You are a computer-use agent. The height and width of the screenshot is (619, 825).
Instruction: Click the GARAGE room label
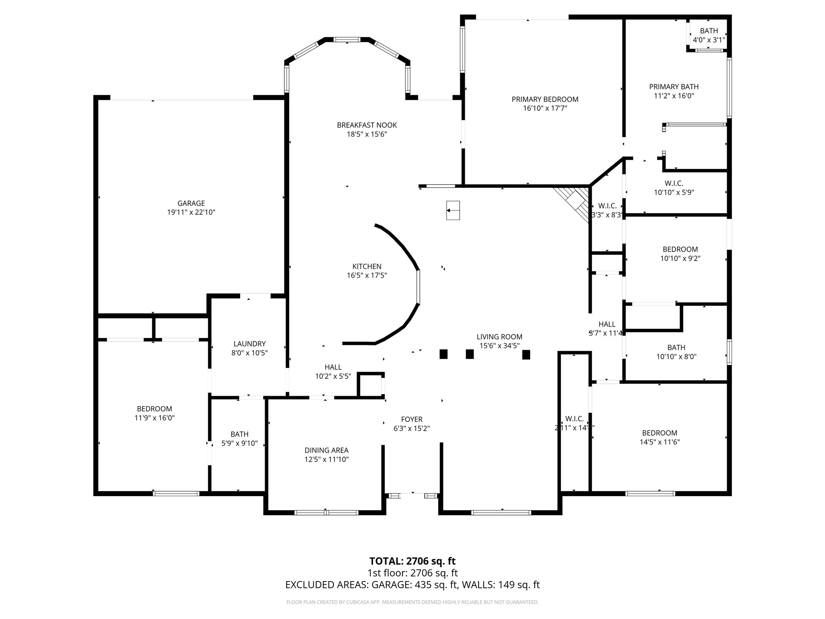point(191,203)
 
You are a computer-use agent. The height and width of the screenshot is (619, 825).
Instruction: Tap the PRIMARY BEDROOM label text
point(545,99)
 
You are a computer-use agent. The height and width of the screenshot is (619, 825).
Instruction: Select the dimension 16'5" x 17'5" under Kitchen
point(367,276)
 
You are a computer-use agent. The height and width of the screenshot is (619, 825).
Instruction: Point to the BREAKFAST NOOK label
point(367,125)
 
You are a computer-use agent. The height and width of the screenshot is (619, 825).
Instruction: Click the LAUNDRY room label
point(249,344)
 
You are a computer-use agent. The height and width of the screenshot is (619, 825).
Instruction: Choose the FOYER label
point(411,419)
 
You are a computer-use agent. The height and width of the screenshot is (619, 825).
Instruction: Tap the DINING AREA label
point(326,450)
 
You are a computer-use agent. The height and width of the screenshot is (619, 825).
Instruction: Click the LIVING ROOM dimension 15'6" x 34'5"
point(499,346)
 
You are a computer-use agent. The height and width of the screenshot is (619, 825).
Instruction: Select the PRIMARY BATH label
point(674,87)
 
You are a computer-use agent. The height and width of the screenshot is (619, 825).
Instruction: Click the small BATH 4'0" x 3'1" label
point(709,35)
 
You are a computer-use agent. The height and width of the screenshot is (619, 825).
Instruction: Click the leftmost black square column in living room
point(443,354)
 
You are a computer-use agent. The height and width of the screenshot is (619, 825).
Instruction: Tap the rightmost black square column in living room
point(526,354)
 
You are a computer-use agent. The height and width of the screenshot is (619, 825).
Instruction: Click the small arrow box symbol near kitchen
point(453,210)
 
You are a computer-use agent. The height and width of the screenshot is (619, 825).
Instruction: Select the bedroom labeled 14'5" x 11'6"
point(659,437)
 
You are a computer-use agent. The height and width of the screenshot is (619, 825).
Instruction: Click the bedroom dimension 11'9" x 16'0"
point(154,418)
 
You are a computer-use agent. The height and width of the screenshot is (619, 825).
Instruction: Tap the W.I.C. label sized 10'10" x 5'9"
point(674,188)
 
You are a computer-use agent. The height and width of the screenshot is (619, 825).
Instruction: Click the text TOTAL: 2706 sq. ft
point(412,561)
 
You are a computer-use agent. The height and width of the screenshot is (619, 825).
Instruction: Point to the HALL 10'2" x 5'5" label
point(333,372)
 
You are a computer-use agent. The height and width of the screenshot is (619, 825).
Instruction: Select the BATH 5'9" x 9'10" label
point(239,438)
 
